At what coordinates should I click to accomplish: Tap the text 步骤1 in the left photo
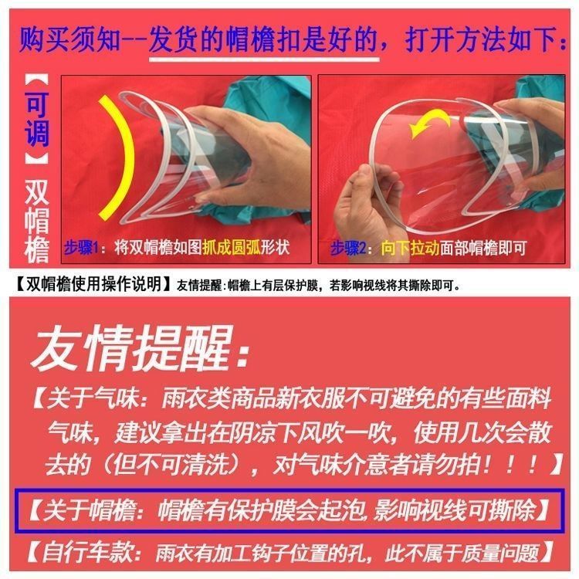(x=81, y=247)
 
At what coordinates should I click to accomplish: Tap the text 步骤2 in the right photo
(x=348, y=248)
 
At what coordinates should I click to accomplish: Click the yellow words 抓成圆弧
(x=232, y=247)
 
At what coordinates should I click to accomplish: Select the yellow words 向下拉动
(x=410, y=248)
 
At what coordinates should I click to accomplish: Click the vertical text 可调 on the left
(x=36, y=119)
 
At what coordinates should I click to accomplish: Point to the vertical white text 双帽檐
(x=36, y=221)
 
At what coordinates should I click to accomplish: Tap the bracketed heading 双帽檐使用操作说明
(x=93, y=284)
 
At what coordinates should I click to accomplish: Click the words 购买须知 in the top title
(x=70, y=39)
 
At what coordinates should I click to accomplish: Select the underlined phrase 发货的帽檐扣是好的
(x=263, y=39)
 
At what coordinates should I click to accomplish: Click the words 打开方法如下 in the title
(x=481, y=39)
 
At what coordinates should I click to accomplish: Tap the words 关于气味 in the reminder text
(x=93, y=398)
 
